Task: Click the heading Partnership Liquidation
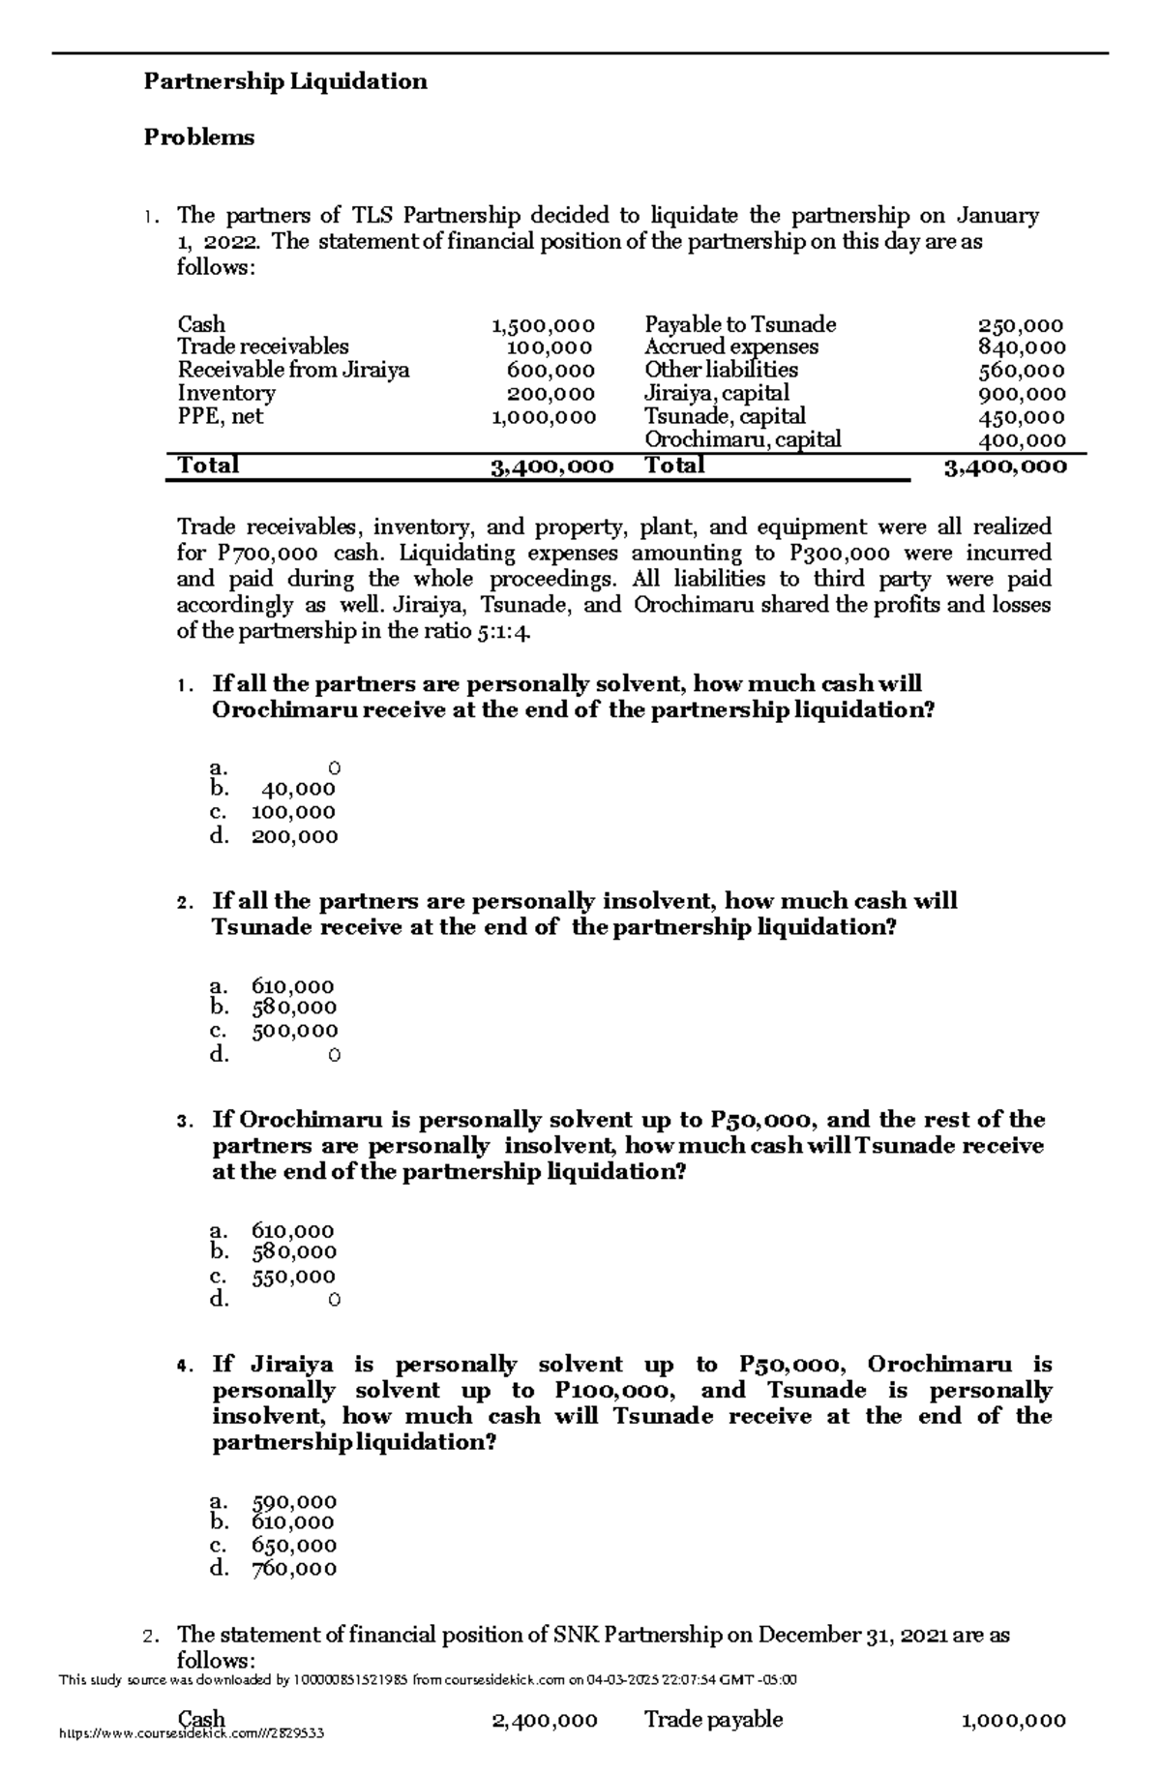pos(285,81)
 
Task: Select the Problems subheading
pos(199,137)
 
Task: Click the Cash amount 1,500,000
pos(543,325)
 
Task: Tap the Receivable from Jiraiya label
pos(293,370)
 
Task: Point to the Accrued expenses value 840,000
pos(1022,347)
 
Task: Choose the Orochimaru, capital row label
pos(743,439)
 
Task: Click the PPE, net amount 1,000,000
pos(543,417)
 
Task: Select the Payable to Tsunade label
pos(740,325)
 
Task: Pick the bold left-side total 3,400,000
pos(551,467)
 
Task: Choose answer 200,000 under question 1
pos(294,836)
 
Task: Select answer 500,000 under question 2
pos(294,1031)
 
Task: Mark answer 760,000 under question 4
pos(294,1568)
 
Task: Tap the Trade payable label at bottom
pos(714,1719)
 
